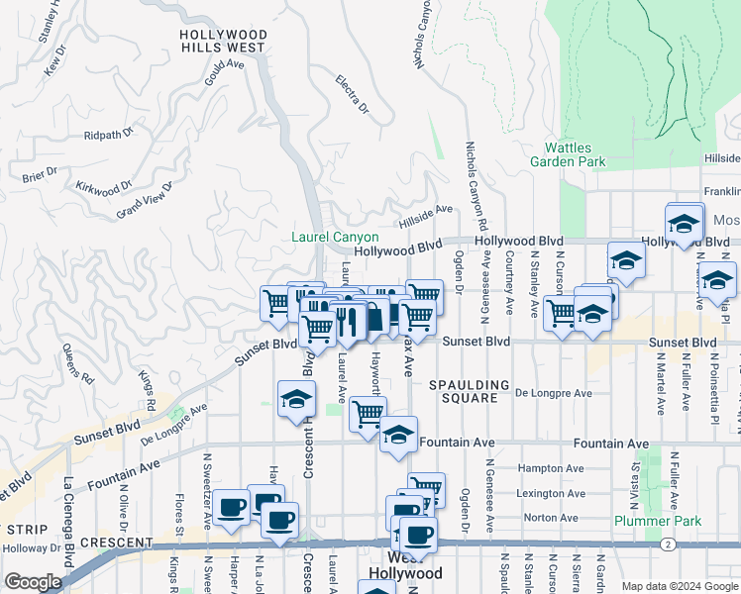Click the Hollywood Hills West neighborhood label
(223, 41)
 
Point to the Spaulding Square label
(470, 391)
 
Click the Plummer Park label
(657, 521)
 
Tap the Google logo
(33, 582)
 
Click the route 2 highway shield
(670, 544)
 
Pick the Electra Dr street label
(352, 94)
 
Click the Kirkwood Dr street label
(103, 187)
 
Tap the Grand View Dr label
(145, 200)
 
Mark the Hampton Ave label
(546, 468)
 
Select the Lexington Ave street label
(547, 493)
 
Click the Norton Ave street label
(544, 518)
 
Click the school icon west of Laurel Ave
(294, 399)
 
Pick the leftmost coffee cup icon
(232, 507)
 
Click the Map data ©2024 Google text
(680, 585)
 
